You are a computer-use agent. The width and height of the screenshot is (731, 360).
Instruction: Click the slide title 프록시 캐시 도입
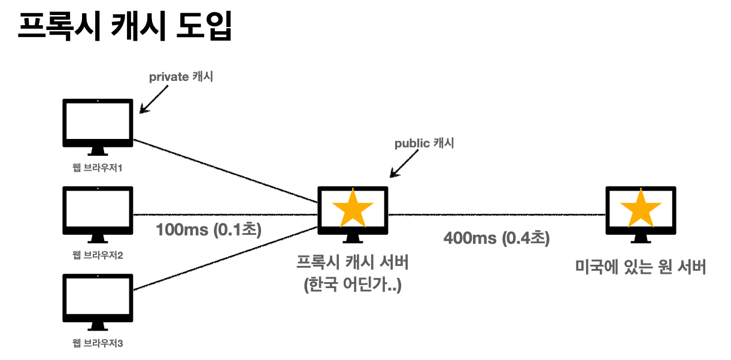click(125, 26)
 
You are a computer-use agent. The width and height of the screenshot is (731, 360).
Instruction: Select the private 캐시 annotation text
click(181, 77)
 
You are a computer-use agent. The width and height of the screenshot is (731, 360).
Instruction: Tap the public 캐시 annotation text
click(424, 144)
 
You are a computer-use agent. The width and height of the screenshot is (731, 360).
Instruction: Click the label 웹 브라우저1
click(98, 168)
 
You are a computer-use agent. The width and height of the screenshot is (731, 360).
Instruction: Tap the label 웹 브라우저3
click(98, 344)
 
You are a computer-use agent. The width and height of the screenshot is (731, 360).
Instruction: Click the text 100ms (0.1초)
click(208, 230)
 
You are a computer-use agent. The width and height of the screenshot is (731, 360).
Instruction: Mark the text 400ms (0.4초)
click(496, 238)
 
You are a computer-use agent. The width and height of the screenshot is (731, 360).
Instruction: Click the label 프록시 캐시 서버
click(353, 263)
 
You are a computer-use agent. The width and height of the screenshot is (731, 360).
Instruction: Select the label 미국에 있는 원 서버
click(641, 267)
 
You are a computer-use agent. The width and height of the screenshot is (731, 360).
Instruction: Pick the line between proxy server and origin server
click(497, 214)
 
